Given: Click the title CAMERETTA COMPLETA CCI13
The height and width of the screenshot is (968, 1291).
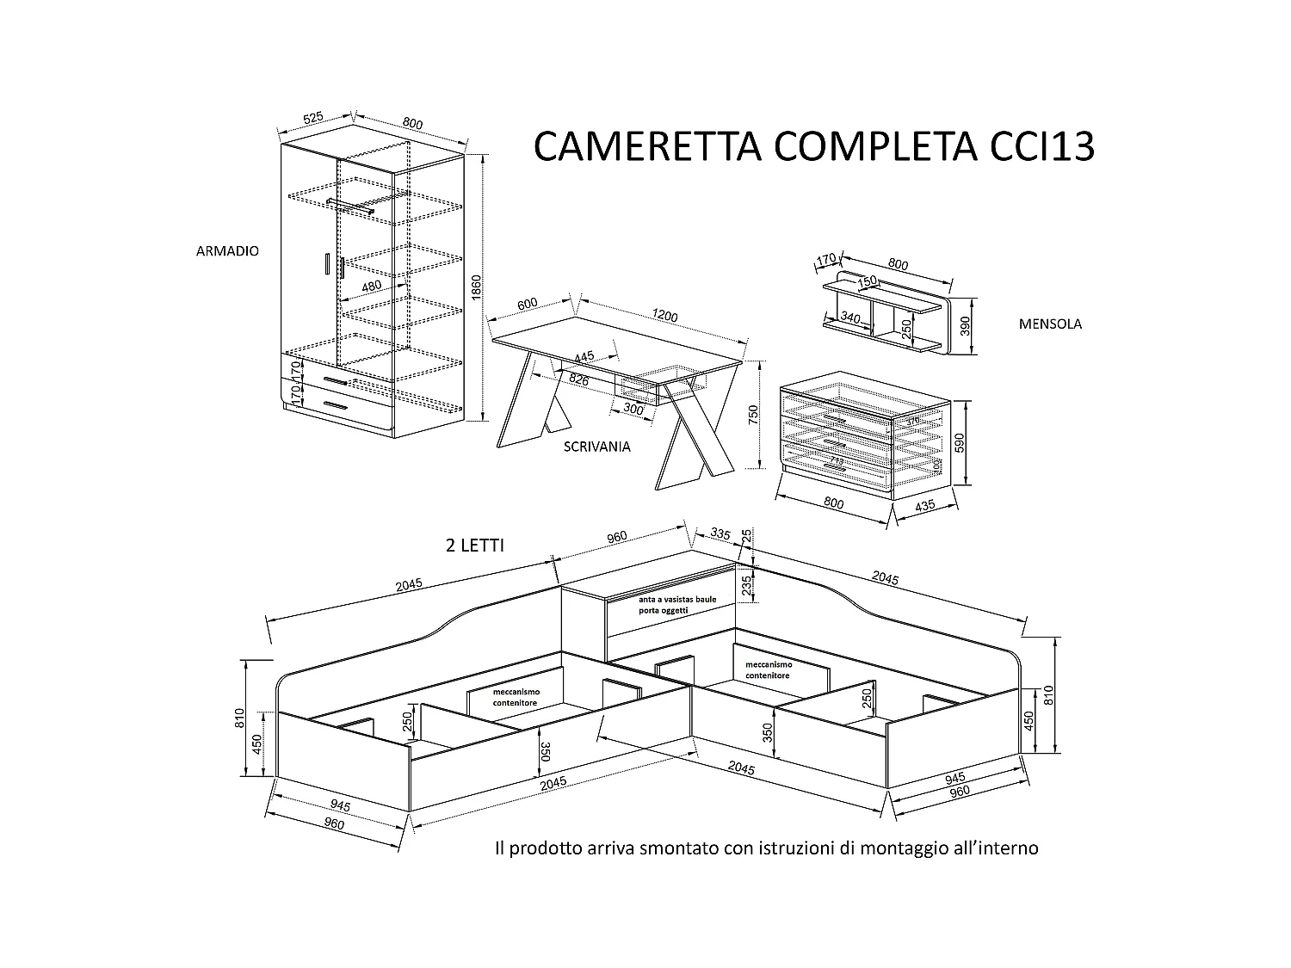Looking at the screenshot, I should pos(813,146).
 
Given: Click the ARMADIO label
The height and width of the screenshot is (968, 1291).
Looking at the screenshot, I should pos(227,251).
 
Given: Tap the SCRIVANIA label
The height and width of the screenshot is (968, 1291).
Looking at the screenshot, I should pos(596,447).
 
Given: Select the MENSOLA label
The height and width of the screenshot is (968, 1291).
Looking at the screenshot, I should pos(1050,324).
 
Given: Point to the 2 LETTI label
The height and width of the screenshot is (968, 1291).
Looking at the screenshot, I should pos(475,546).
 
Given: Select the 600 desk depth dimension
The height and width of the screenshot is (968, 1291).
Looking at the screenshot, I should pos(527,304).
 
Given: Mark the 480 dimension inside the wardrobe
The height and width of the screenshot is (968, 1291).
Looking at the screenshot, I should pos(371,286).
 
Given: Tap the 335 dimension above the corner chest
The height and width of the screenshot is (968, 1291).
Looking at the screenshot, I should pos(720,535).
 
